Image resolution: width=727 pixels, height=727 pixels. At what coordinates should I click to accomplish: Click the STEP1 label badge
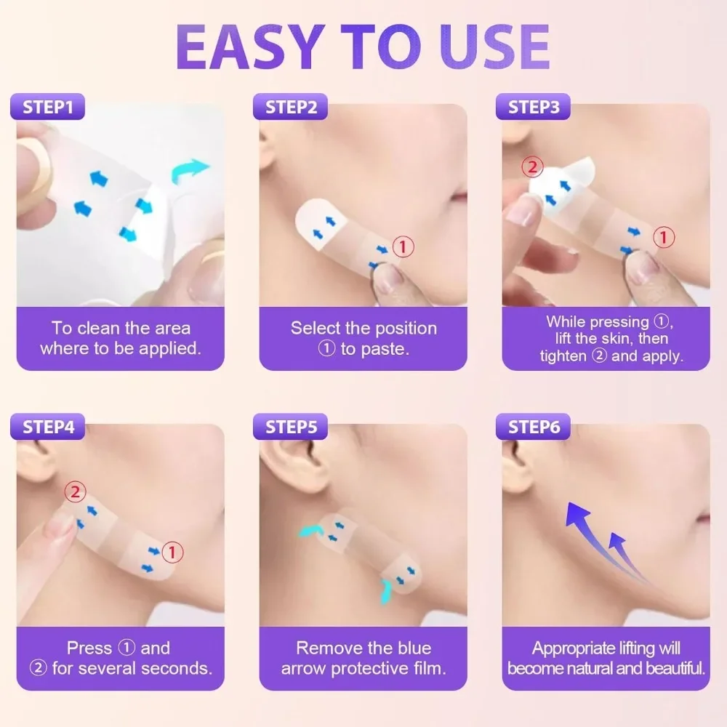point(49,108)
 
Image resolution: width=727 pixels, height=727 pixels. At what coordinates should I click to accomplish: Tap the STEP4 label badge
point(49,427)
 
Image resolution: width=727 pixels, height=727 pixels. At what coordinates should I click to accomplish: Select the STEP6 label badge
point(534,427)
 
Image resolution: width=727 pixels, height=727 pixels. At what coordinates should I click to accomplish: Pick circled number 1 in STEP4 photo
point(172,553)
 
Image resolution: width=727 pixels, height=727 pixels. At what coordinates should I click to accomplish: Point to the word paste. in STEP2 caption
point(385,349)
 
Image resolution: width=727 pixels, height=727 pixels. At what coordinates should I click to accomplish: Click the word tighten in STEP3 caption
point(563,356)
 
